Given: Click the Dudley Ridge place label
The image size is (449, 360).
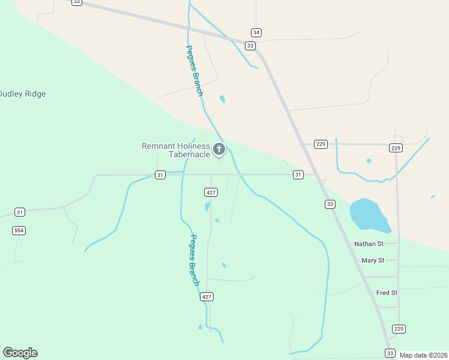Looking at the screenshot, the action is click(x=22, y=94).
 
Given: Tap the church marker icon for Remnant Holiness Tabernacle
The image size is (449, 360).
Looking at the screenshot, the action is click(x=219, y=149).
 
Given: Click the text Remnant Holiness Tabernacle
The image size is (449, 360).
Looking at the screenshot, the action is click(x=176, y=150).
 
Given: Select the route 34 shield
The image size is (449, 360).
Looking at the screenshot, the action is click(x=256, y=32).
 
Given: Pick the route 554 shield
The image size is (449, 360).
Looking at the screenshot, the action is click(x=19, y=230).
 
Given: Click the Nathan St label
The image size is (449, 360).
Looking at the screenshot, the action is click(x=369, y=244).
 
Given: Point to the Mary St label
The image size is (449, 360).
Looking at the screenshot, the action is click(x=373, y=260).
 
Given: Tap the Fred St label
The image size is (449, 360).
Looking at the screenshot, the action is click(x=387, y=293).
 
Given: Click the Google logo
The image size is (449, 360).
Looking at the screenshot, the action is click(x=20, y=353).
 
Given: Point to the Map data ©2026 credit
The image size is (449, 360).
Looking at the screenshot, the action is click(x=424, y=355).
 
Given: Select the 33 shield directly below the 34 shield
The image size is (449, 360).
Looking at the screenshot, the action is click(x=250, y=46).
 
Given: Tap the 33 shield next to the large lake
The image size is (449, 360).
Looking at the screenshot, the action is click(x=330, y=205).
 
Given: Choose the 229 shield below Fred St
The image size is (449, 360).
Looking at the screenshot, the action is click(x=399, y=329).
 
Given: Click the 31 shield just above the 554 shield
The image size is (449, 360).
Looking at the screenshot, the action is click(x=20, y=212).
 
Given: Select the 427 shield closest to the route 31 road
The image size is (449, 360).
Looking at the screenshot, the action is click(x=211, y=192).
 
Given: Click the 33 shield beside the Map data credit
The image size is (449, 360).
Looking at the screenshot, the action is click(x=390, y=353).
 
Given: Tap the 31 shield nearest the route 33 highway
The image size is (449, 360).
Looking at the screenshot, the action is click(x=298, y=175).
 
